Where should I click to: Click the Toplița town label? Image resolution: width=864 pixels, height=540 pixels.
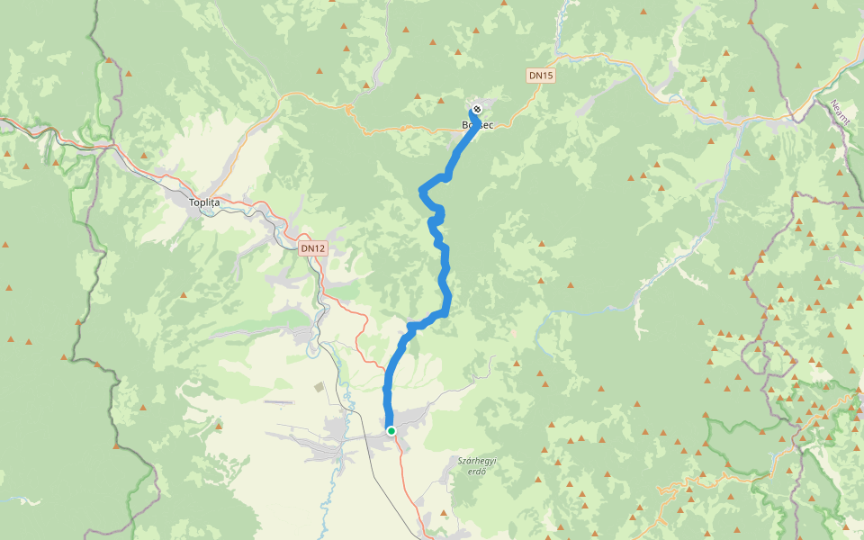204,202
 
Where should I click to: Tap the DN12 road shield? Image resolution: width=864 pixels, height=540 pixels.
311,247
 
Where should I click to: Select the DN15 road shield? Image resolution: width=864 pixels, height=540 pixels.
541,76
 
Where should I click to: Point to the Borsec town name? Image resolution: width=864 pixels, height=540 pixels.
477,125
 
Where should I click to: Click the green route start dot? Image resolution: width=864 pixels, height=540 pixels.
391,431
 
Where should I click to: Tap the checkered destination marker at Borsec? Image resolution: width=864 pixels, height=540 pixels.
477,110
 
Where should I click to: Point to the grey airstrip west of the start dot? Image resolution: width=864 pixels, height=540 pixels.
279,401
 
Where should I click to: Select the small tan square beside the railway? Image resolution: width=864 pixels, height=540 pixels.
319,386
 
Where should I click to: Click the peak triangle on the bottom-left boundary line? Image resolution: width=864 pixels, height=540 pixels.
116,445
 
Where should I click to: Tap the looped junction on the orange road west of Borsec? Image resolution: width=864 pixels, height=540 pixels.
347,109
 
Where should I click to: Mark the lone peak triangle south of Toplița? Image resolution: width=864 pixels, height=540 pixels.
184,295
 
